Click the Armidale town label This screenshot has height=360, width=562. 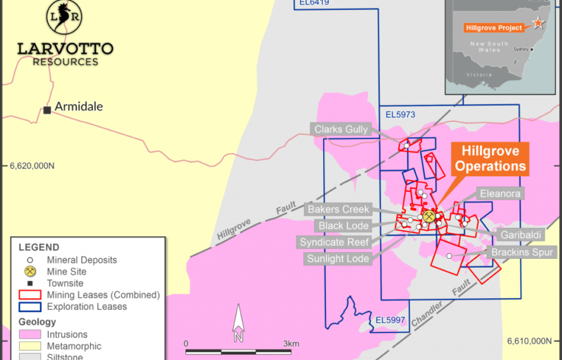[x=79, y=106]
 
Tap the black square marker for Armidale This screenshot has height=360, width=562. [x=47, y=110]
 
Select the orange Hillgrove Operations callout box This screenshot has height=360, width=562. [x=490, y=159]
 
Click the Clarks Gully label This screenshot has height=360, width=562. [x=341, y=129]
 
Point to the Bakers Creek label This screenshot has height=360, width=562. [x=338, y=209]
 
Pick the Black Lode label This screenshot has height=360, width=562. [x=343, y=226]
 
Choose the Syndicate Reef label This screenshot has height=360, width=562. [x=334, y=242]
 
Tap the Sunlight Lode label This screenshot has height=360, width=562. [x=338, y=259]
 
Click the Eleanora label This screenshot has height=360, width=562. [x=500, y=193]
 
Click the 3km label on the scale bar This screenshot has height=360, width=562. [x=291, y=344]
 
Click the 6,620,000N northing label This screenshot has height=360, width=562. [x=31, y=166]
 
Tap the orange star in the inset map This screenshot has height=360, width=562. [x=538, y=23]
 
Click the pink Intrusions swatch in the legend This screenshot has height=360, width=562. [x=30, y=335]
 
